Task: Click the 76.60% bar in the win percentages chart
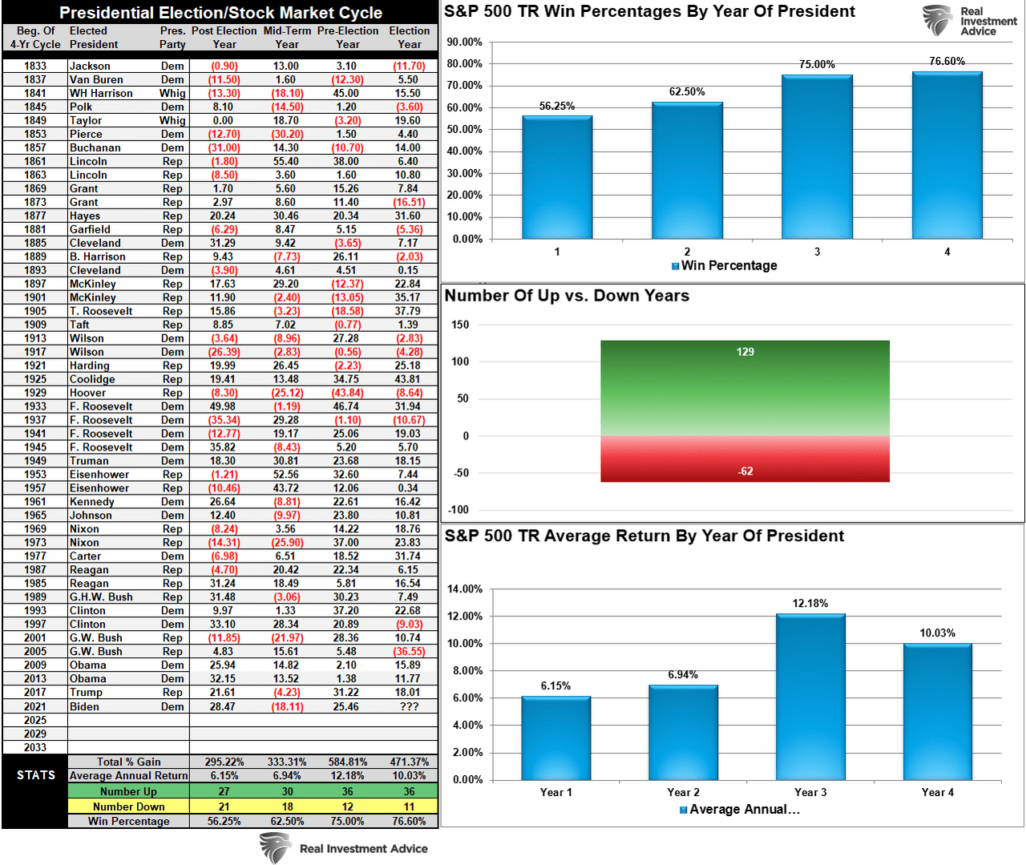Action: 947,156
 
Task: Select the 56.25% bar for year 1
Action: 557,177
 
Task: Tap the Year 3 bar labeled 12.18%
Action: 810,697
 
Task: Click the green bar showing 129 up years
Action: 745,388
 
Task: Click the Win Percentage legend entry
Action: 725,265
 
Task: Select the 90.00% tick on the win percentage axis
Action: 465,42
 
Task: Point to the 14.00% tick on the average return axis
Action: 465,589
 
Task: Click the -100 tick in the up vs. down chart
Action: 460,510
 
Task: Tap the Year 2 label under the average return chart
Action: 683,792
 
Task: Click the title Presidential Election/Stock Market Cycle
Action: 220,13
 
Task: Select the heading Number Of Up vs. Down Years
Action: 567,296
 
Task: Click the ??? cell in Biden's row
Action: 409,706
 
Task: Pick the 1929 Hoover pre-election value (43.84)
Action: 348,393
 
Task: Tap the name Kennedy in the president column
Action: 92,502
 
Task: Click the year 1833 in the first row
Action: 35,66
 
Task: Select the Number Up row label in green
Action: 128,791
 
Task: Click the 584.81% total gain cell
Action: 348,762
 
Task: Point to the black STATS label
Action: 36,775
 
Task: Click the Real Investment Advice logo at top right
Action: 970,21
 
